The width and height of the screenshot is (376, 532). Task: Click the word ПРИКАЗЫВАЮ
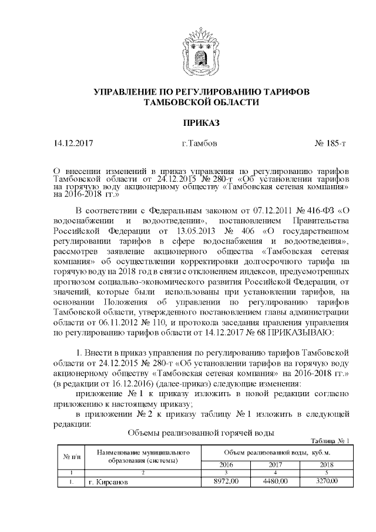click(x=301, y=333)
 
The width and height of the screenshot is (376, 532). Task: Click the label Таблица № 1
click(x=330, y=441)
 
